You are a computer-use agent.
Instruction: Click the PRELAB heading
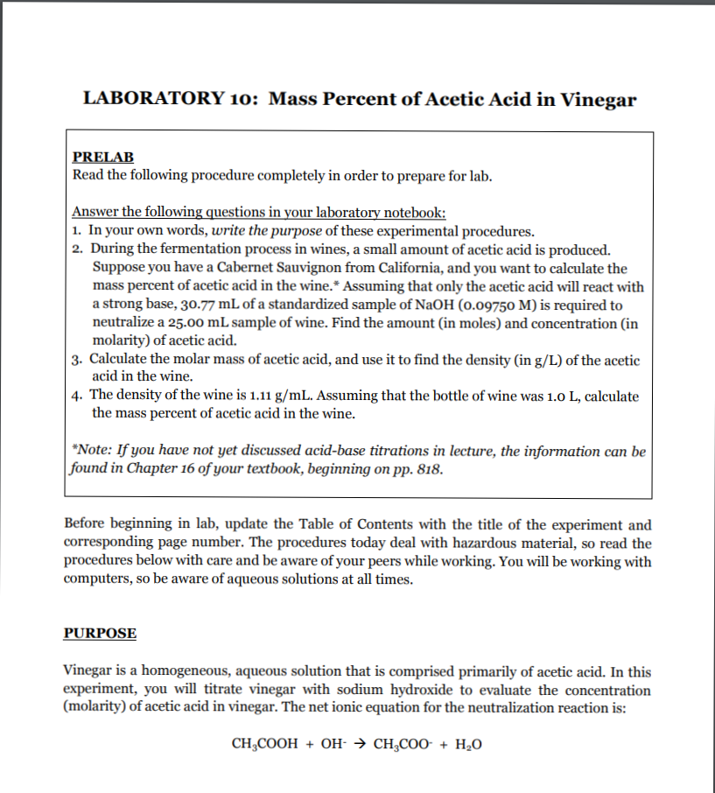tap(102, 157)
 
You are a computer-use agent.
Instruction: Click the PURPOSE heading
tap(100, 633)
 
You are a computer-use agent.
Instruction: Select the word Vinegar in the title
tap(598, 98)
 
